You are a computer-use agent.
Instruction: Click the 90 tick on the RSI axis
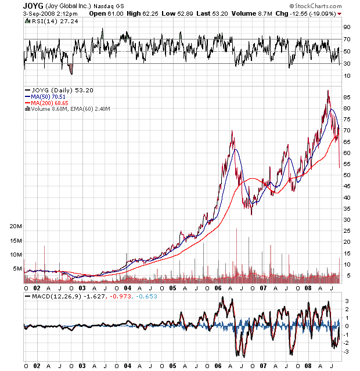(346, 27)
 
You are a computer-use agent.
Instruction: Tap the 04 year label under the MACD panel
(127, 366)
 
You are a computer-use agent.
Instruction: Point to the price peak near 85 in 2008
(328, 91)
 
